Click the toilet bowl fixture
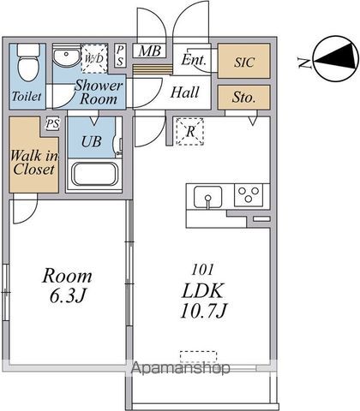pos(27,63)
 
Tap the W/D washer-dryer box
pos(94,59)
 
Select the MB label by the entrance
pos(149,51)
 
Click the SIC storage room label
pos(244,63)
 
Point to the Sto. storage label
pos(243,98)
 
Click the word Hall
pos(185,92)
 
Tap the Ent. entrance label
pos(194,60)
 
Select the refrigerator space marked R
pos(190,132)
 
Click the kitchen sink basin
pos(207,197)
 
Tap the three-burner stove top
pos(249,195)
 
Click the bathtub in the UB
pos(95,175)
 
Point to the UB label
pos(91,141)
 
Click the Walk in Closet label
pos(34,163)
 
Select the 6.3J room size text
pos(68,296)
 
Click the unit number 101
pos(203,270)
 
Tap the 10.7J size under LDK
pos(203,311)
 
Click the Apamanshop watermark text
pos(181,368)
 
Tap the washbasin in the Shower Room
pos(67,56)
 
